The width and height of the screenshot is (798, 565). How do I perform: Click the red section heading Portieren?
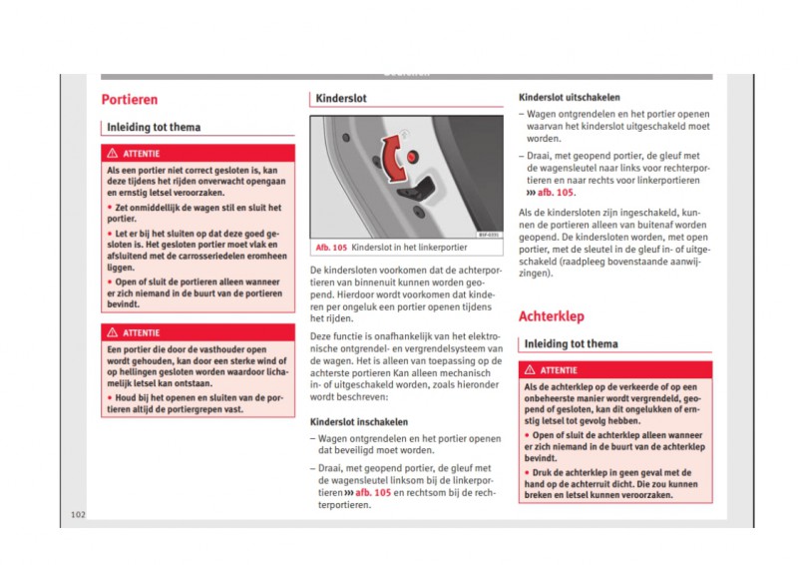coord(130,100)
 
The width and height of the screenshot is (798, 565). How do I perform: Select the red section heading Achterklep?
coord(553,316)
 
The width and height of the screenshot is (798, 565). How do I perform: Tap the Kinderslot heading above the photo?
coord(342,100)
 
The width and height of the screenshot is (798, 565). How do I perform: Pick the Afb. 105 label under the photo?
coord(331,247)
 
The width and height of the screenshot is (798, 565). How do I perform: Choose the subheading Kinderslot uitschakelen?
coord(570,98)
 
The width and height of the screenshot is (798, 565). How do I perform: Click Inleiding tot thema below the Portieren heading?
coord(154,128)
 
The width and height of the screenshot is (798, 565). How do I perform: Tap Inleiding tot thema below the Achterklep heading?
coord(571,344)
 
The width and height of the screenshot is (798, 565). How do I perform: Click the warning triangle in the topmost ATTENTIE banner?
coord(114,154)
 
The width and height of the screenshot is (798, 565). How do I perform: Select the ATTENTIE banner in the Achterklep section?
coord(615,370)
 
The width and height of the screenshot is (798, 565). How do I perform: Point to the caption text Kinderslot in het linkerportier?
coord(409,247)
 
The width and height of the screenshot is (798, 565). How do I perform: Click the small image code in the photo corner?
coord(488,236)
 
